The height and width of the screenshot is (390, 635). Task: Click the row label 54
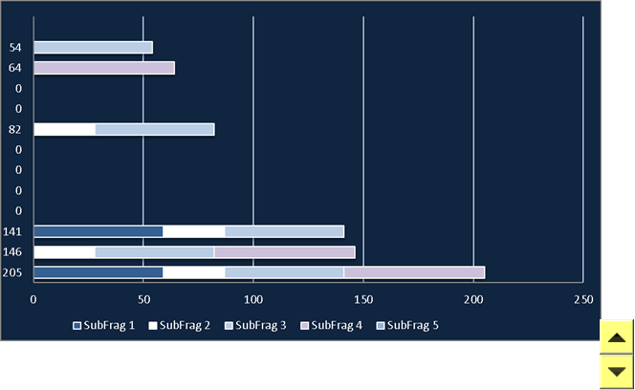click(15, 48)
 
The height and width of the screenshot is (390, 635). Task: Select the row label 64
click(15, 68)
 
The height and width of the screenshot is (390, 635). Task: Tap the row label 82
click(15, 130)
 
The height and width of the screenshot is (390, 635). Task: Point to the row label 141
click(12, 231)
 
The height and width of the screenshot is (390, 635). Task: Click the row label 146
click(12, 252)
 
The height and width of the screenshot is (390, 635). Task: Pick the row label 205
click(12, 272)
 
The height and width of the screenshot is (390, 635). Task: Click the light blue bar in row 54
click(93, 48)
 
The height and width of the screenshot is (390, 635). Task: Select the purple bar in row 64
click(104, 68)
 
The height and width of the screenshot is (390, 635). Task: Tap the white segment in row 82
click(64, 130)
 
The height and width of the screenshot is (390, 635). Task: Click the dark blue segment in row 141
click(98, 231)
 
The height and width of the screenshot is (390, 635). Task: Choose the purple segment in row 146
click(285, 252)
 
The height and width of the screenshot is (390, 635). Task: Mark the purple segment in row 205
click(414, 272)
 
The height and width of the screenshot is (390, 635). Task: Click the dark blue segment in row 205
click(98, 272)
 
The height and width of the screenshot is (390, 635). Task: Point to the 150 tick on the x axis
click(363, 300)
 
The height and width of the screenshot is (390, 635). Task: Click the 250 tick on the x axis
click(583, 300)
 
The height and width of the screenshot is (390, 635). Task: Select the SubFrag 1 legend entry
click(103, 326)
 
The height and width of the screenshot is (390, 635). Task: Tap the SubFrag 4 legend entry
click(331, 326)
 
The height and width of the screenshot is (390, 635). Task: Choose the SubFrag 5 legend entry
click(407, 326)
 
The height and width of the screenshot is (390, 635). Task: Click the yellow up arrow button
click(617, 336)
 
